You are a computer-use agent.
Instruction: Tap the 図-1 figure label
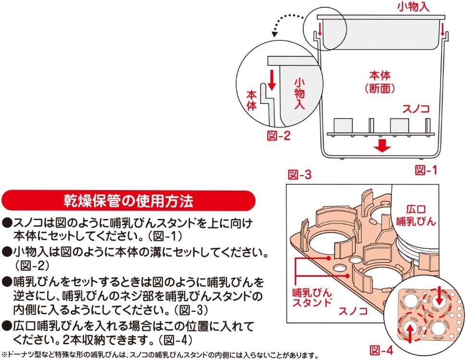coord(426,170)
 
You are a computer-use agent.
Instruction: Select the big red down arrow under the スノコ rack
coord(382,145)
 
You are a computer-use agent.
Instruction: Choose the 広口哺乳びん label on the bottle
coord(417,216)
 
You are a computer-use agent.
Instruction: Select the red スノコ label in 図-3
coord(354,305)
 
